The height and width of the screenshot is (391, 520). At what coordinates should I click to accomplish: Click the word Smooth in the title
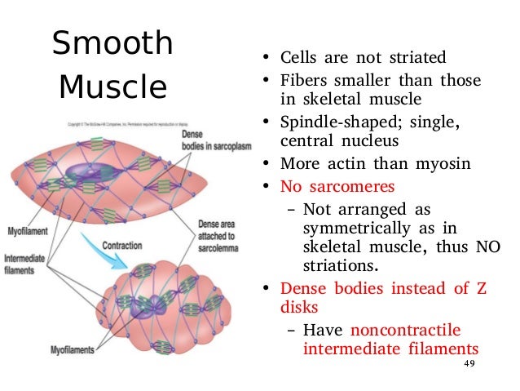(112, 43)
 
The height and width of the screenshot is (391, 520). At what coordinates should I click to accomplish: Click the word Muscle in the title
(112, 87)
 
